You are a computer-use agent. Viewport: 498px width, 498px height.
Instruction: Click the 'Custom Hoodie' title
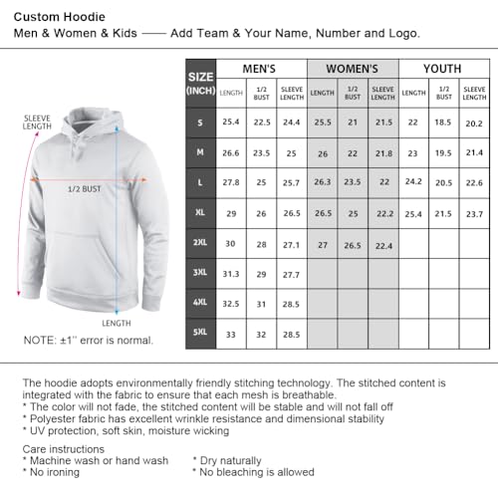[x=59, y=15]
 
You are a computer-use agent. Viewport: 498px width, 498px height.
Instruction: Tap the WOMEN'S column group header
[x=352, y=69]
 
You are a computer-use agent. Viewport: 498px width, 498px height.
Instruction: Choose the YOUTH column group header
[x=443, y=69]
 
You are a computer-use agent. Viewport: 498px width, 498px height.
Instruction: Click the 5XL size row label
[x=200, y=335]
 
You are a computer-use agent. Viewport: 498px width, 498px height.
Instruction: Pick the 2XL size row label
[x=200, y=245]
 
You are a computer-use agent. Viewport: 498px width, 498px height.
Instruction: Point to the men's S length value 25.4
[x=231, y=122]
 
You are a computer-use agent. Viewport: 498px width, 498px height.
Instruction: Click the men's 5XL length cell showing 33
[x=231, y=335]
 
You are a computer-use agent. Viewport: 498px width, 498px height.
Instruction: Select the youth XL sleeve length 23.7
[x=475, y=215]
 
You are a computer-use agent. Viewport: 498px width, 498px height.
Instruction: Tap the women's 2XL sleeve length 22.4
[x=383, y=246]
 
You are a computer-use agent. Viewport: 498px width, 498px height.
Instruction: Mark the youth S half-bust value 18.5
[x=444, y=122]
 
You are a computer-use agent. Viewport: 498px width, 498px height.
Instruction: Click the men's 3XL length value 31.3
[x=231, y=275]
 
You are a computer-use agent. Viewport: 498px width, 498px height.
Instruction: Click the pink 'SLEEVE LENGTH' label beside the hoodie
[x=36, y=123]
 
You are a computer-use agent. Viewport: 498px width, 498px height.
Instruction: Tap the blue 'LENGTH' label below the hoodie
[x=117, y=323]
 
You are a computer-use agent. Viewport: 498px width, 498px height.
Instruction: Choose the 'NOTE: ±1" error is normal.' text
[x=89, y=341]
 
